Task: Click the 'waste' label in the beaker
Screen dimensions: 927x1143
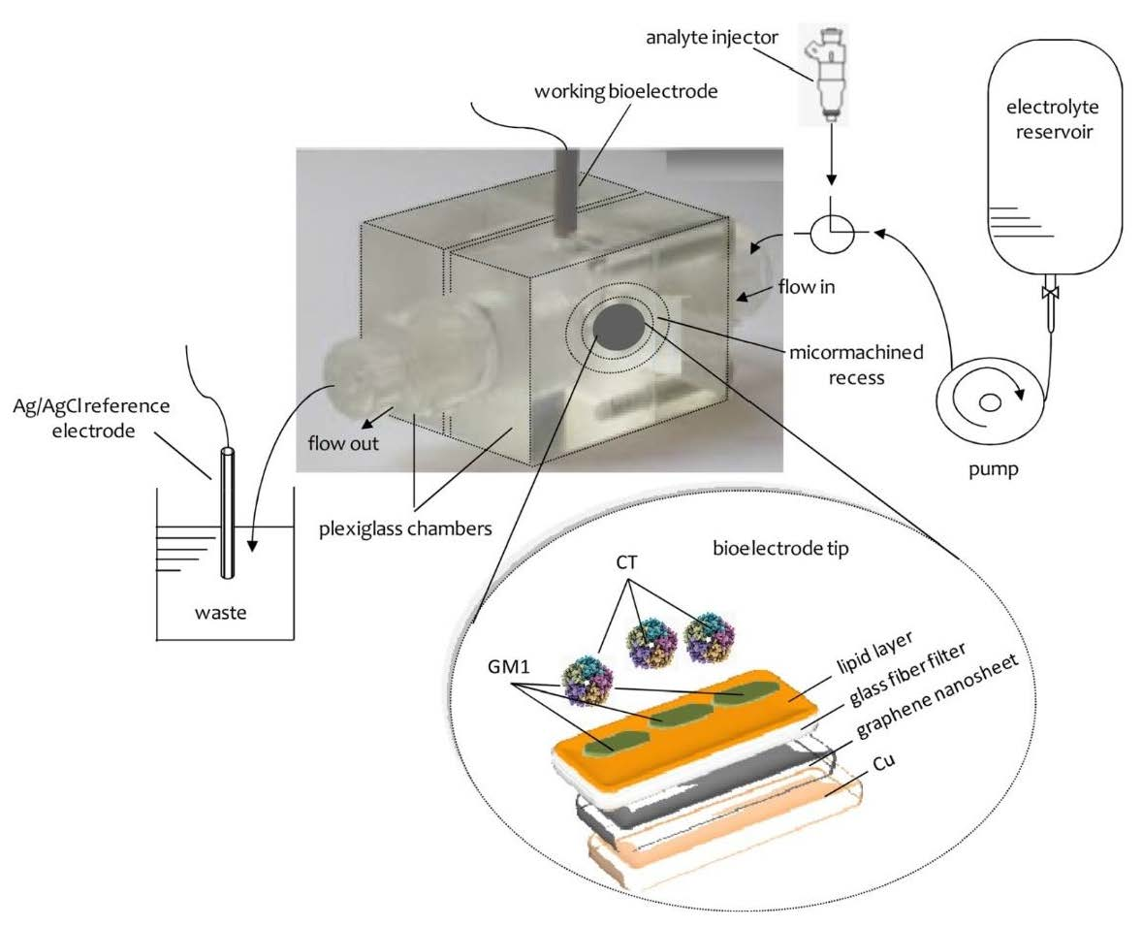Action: (x=224, y=613)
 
